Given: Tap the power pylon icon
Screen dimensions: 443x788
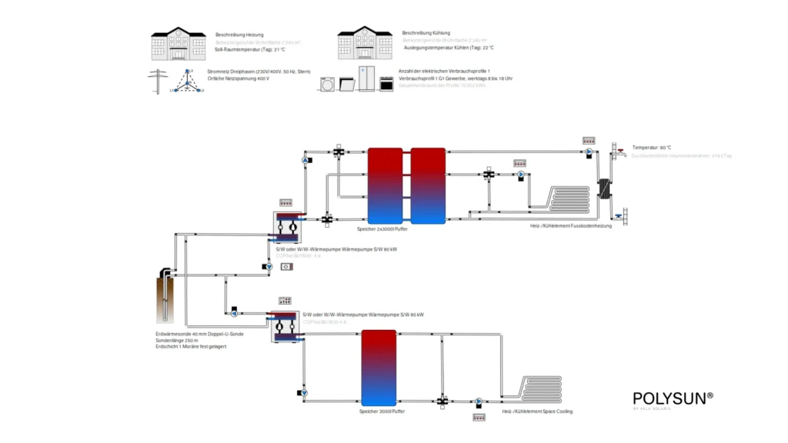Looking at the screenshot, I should coord(159,80).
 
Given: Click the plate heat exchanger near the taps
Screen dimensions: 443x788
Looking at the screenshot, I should coord(604,188).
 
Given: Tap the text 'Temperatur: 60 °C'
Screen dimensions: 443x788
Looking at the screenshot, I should coord(652,147).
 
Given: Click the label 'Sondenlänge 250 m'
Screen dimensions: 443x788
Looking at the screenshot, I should coord(178,340).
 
